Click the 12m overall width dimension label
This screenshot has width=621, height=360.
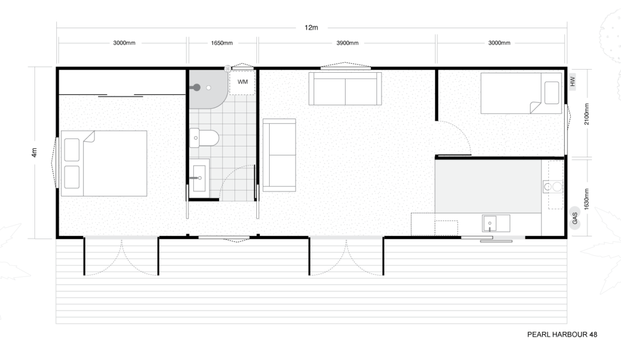tap(311, 27)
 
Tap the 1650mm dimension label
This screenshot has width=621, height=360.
tap(222, 43)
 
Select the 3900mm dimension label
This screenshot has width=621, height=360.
tap(347, 43)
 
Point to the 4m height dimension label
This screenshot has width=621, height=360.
tap(34, 152)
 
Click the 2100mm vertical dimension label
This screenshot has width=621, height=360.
tap(586, 114)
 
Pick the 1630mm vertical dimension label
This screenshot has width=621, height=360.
tap(586, 199)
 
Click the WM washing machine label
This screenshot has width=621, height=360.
tap(243, 82)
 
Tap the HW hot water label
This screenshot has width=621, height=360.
tap(572, 82)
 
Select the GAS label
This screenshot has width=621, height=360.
tap(575, 218)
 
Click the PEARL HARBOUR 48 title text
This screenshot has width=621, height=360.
tap(562, 335)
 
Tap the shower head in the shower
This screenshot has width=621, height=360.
tap(196, 88)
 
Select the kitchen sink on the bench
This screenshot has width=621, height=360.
tap(489, 224)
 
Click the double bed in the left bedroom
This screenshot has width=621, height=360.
tap(103, 163)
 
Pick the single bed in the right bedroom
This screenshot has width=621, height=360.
tap(521, 93)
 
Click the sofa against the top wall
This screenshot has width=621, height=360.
tap(346, 88)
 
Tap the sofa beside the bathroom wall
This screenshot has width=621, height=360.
tap(279, 155)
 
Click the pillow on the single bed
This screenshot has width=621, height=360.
tap(551, 93)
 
